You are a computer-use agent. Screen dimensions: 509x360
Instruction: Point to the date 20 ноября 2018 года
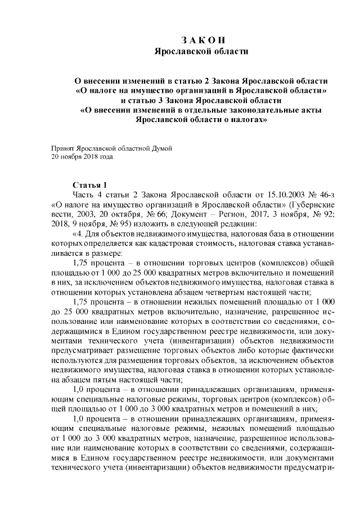tap(82, 157)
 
